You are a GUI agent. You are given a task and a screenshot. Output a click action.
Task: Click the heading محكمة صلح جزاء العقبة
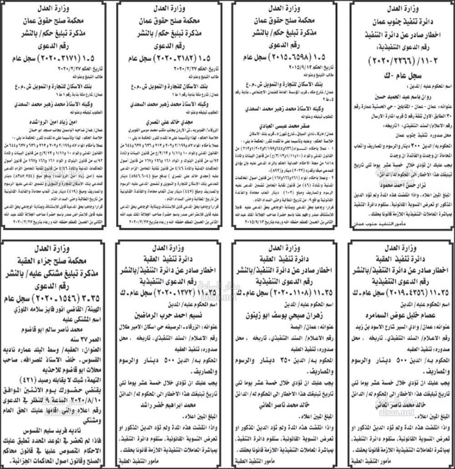point(56,260)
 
